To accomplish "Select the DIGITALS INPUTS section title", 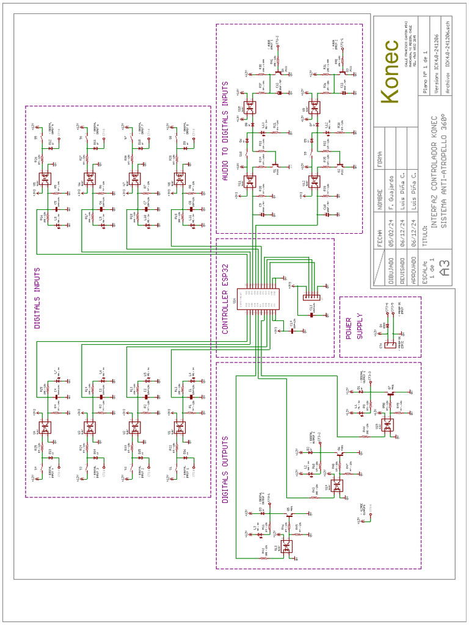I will pos(38,298).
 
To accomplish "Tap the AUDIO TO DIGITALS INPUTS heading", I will pos(225,131).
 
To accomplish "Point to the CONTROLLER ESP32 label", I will pos(225,300).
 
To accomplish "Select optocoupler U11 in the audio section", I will pos(250,181).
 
